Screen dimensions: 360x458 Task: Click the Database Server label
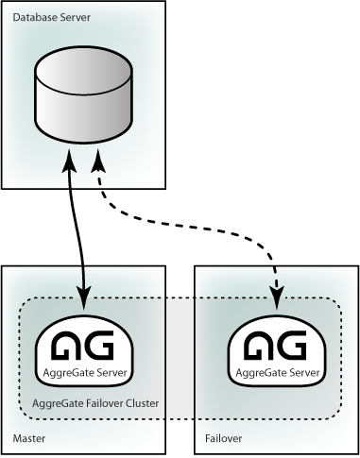52,17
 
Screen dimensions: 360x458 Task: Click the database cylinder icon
83,94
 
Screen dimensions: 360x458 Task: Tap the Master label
29,438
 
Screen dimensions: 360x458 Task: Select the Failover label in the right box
224,438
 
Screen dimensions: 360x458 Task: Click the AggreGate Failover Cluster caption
95,403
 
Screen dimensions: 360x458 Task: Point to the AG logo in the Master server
82,345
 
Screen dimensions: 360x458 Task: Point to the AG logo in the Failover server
275,345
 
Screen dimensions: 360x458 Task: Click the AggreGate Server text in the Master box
85,373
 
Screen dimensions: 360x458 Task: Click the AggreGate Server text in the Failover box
278,373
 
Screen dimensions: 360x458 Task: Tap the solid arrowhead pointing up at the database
69,160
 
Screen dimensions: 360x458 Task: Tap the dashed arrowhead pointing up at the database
98,161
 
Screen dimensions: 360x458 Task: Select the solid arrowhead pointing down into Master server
84,297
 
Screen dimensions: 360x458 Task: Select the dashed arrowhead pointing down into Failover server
277,297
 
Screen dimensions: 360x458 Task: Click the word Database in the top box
31,17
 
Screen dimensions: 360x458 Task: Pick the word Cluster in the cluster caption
142,403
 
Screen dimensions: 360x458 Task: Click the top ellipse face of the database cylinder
83,70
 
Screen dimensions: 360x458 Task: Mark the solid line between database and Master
77,229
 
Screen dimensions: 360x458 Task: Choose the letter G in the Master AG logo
99,345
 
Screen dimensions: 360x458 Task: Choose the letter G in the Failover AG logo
292,345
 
